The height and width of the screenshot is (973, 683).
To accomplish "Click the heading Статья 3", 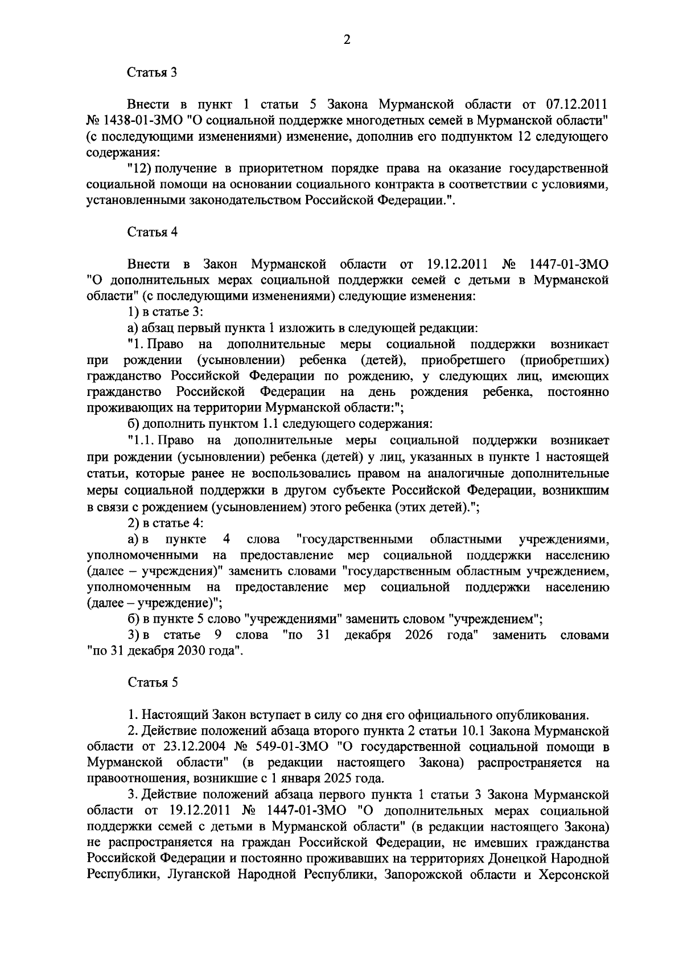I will tap(152, 72).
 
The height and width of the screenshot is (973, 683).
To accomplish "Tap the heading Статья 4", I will tap(152, 232).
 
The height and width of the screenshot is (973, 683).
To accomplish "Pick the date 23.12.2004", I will tap(201, 746).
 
